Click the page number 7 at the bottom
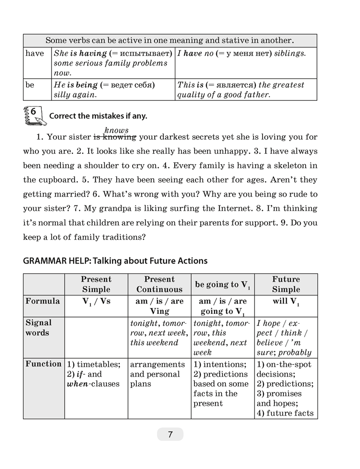[x=170, y=434]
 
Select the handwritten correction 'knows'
[x=116, y=130]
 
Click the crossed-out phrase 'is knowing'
[x=115, y=137]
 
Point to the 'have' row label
[x=35, y=53]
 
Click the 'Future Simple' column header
[x=286, y=284]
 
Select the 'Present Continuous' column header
[x=159, y=284]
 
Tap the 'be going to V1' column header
[x=223, y=285]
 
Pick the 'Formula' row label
[x=43, y=301]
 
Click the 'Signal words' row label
[x=39, y=328]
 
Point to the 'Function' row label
[x=44, y=364]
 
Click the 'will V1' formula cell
[x=286, y=302]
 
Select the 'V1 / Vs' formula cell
[x=96, y=302]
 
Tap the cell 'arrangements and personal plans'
[x=158, y=374]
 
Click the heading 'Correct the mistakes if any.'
[x=98, y=116]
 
